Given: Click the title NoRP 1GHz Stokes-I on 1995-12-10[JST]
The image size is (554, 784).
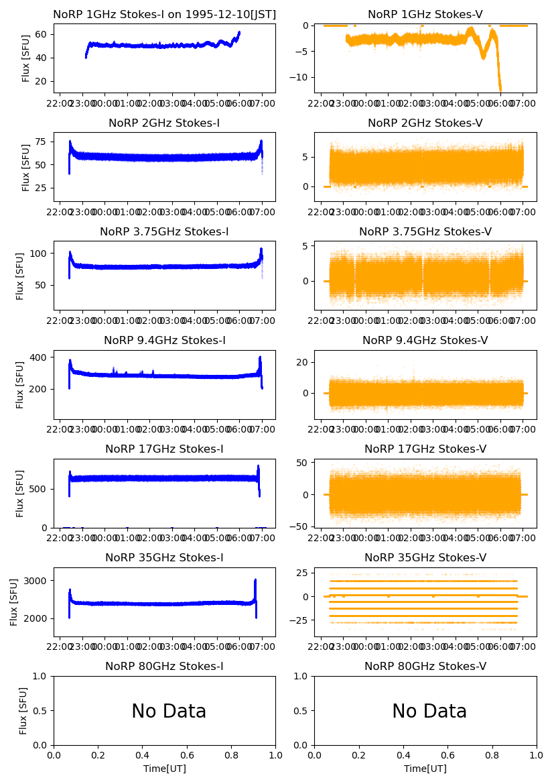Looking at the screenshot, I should click(x=164, y=15).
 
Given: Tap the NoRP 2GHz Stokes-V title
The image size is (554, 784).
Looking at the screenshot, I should click(x=425, y=123).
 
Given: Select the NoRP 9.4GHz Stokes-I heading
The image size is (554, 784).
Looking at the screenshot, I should click(x=164, y=341).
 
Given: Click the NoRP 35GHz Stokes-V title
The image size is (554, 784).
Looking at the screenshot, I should click(x=425, y=558).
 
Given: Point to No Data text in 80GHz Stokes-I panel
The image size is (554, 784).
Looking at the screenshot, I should click(x=169, y=712).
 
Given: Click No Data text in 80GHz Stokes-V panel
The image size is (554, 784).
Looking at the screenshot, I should click(x=429, y=712).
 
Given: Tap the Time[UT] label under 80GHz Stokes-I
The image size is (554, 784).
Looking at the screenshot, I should click(x=164, y=769).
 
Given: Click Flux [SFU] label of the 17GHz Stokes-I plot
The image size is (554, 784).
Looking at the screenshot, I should click(x=20, y=494).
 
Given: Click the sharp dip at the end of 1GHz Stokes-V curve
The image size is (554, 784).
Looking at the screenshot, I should click(x=500, y=89).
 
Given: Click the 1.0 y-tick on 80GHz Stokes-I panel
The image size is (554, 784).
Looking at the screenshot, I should click(x=42, y=677).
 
